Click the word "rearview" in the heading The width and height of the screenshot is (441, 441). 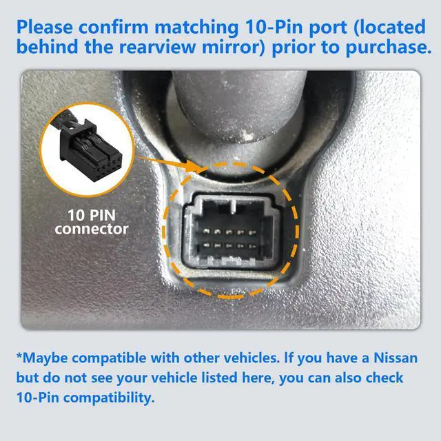pyautogui.click(x=157, y=47)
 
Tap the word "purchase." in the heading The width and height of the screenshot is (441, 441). pyautogui.click(x=389, y=47)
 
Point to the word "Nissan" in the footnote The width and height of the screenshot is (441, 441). pyautogui.click(x=396, y=358)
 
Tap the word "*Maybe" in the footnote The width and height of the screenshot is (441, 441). pyautogui.click(x=42, y=358)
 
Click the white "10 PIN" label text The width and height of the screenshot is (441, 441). pyautogui.click(x=92, y=215)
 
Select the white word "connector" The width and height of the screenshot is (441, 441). pyautogui.click(x=92, y=229)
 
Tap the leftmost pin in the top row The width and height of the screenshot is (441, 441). pyautogui.click(x=206, y=232)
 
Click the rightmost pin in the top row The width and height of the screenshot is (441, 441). pyautogui.click(x=252, y=233)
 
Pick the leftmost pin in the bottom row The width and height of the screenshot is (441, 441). pyautogui.click(x=206, y=245)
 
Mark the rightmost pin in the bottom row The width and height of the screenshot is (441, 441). pyautogui.click(x=252, y=246)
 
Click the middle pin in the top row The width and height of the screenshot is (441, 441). pyautogui.click(x=229, y=232)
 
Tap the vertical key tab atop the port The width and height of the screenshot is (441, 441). pyautogui.click(x=233, y=206)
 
